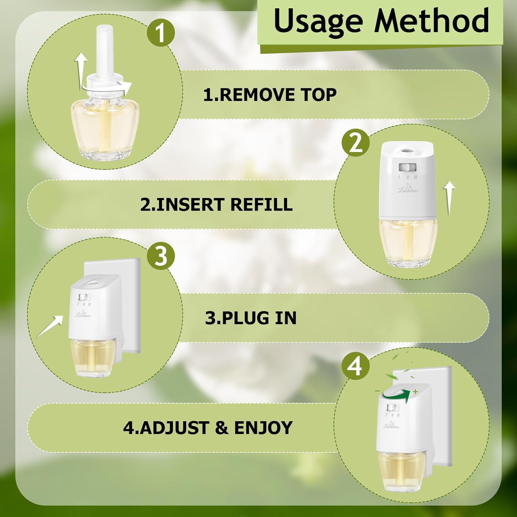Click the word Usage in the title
point(318,21)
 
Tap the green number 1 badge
point(161,33)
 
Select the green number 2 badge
point(355,143)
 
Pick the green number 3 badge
point(161,256)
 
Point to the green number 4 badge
point(355,366)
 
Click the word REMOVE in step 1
point(257,95)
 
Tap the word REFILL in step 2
point(261,204)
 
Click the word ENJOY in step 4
point(263,428)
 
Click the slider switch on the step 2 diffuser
point(407,168)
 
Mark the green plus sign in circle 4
point(416,392)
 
